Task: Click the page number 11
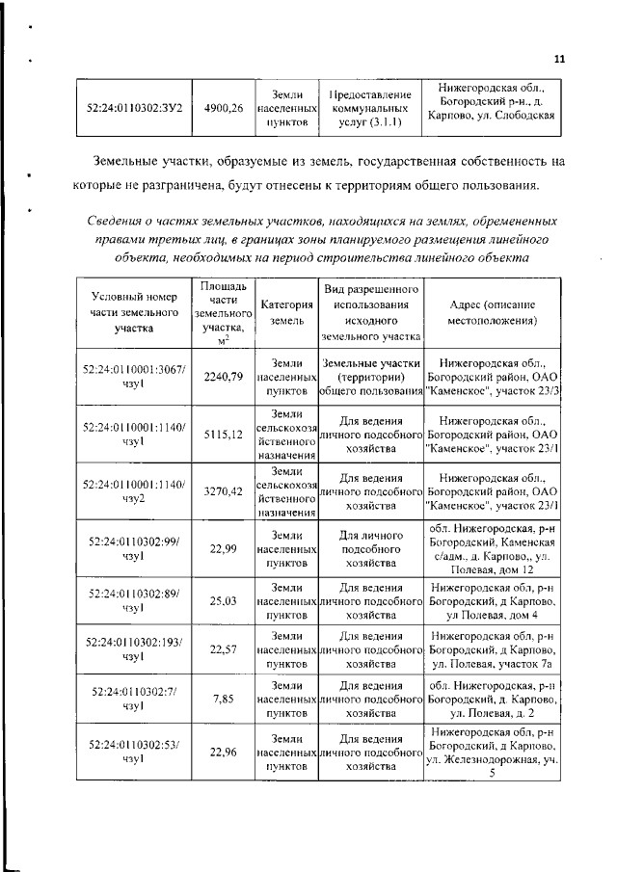point(558,59)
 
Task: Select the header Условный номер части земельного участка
point(134,312)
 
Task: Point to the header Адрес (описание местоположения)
point(492,312)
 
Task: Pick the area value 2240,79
point(224,377)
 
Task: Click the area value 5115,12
point(224,435)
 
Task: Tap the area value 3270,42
point(224,490)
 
